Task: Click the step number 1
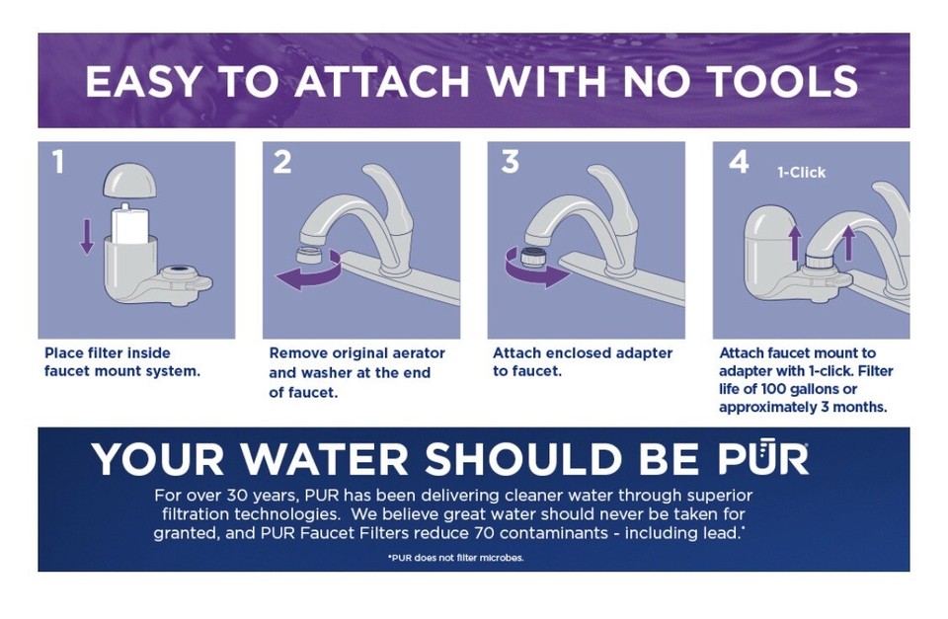pyautogui.click(x=58, y=162)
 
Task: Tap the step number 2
pyautogui.click(x=283, y=162)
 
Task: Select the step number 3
pyautogui.click(x=510, y=162)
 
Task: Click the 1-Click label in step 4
pyautogui.click(x=801, y=172)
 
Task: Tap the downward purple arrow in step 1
pyautogui.click(x=87, y=235)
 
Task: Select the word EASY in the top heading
pyautogui.click(x=146, y=81)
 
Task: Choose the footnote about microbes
pyautogui.click(x=455, y=558)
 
